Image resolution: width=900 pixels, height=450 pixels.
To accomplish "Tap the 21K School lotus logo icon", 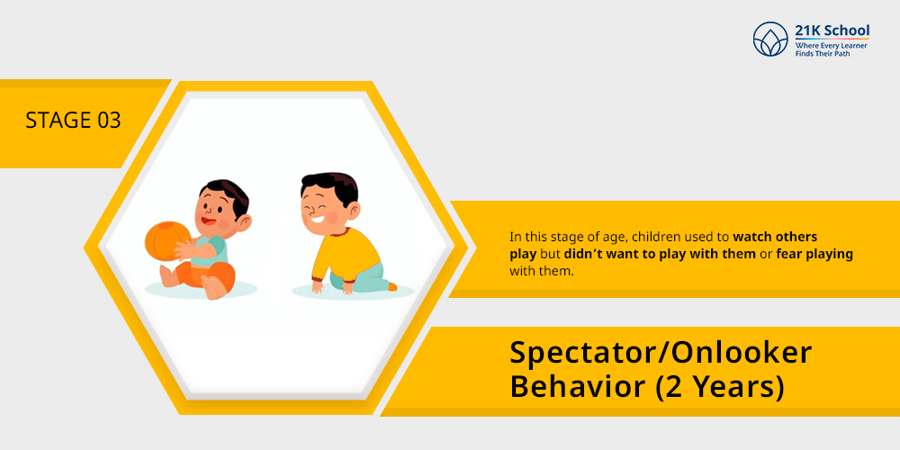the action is (x=770, y=39).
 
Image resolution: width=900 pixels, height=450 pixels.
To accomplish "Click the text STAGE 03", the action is (x=73, y=121).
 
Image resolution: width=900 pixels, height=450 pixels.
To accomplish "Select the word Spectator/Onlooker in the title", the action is (x=661, y=353).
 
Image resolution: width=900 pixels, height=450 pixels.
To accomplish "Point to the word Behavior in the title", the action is (x=578, y=386).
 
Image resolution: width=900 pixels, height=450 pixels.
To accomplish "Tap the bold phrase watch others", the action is (x=775, y=237).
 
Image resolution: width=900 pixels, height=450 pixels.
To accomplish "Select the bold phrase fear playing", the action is (x=814, y=254).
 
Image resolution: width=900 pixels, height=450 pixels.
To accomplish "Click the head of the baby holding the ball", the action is (x=222, y=207).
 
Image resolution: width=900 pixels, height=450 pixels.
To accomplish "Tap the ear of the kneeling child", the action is (x=353, y=211).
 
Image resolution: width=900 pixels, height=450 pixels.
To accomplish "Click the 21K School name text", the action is (x=832, y=31).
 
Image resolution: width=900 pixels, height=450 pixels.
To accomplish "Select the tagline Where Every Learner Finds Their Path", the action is (x=831, y=49).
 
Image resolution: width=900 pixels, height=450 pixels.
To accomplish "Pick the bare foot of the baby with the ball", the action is (x=212, y=288).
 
